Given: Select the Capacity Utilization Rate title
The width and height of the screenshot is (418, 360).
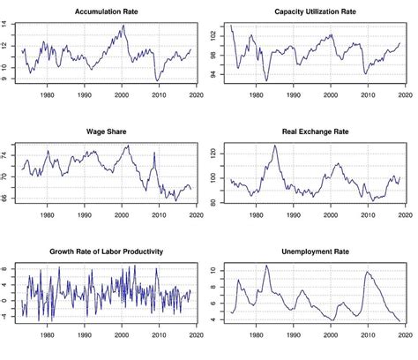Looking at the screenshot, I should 315,11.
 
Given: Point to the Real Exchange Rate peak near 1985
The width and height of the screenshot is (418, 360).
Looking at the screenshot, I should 275,145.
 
